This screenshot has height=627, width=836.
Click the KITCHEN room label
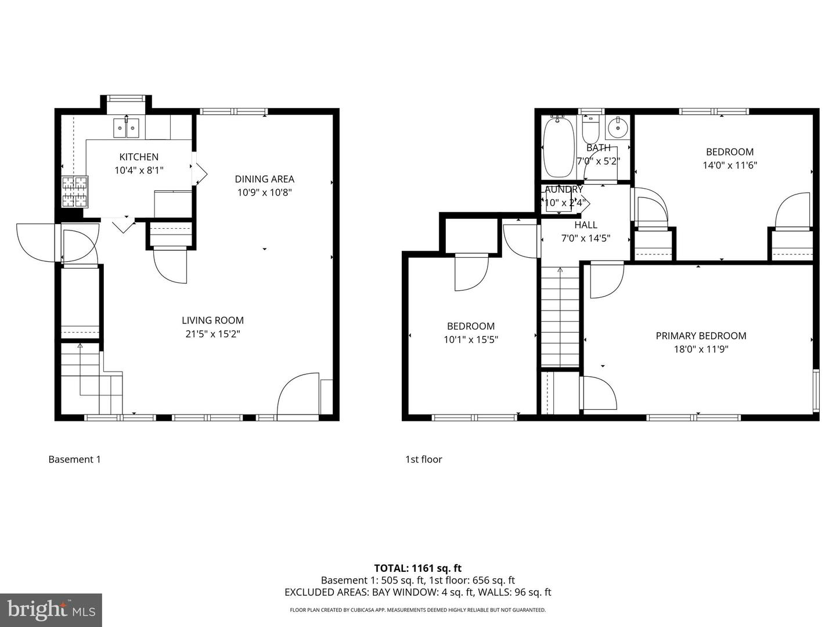coord(139,157)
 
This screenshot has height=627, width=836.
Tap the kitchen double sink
coord(127,127)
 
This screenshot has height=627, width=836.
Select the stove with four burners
coord(75,192)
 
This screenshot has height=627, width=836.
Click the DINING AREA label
coord(264,179)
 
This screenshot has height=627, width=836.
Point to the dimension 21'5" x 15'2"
coord(212,334)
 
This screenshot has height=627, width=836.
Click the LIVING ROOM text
coord(212,320)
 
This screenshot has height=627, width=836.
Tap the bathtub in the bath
coord(558,147)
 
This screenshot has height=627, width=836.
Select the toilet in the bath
coord(591,126)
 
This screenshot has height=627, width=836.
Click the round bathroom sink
coord(618,127)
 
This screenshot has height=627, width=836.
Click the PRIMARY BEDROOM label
coord(701,336)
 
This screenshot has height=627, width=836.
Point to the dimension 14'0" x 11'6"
coord(730,165)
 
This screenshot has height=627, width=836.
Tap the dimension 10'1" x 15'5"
coord(471,340)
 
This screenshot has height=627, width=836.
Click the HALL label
coord(586,225)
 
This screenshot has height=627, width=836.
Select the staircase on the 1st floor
coord(560,316)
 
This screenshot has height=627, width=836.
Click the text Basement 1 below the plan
coord(74,459)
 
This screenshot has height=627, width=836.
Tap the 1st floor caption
coord(423,459)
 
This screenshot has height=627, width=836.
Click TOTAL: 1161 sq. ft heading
coord(417,568)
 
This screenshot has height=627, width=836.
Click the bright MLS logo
coord(51,610)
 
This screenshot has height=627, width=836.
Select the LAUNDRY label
coord(562,189)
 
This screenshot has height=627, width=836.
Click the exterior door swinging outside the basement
coord(35,241)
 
